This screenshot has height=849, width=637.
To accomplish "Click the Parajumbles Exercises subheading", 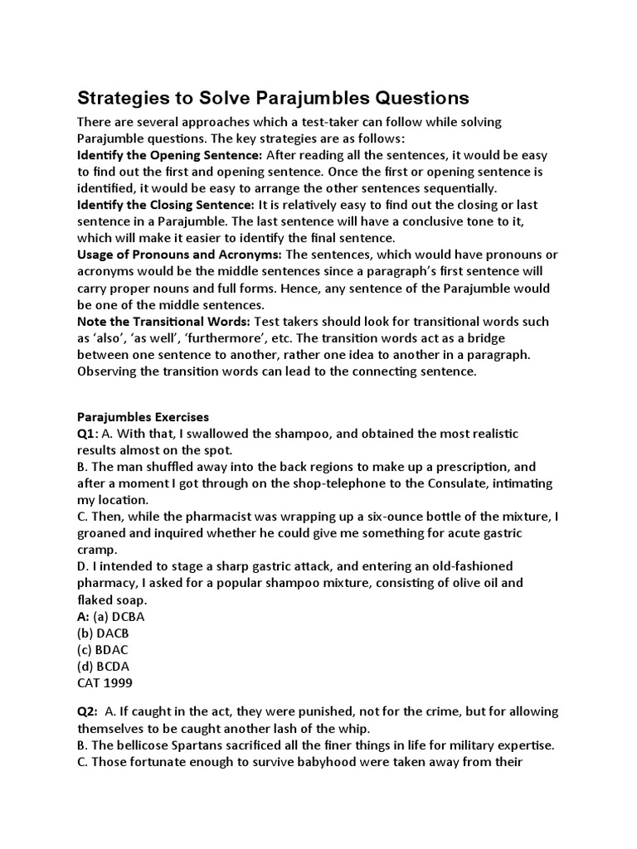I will pyautogui.click(x=143, y=417).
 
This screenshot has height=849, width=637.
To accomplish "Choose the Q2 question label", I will pyautogui.click(x=89, y=712).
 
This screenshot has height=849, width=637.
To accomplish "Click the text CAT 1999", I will pyautogui.click(x=104, y=682).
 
